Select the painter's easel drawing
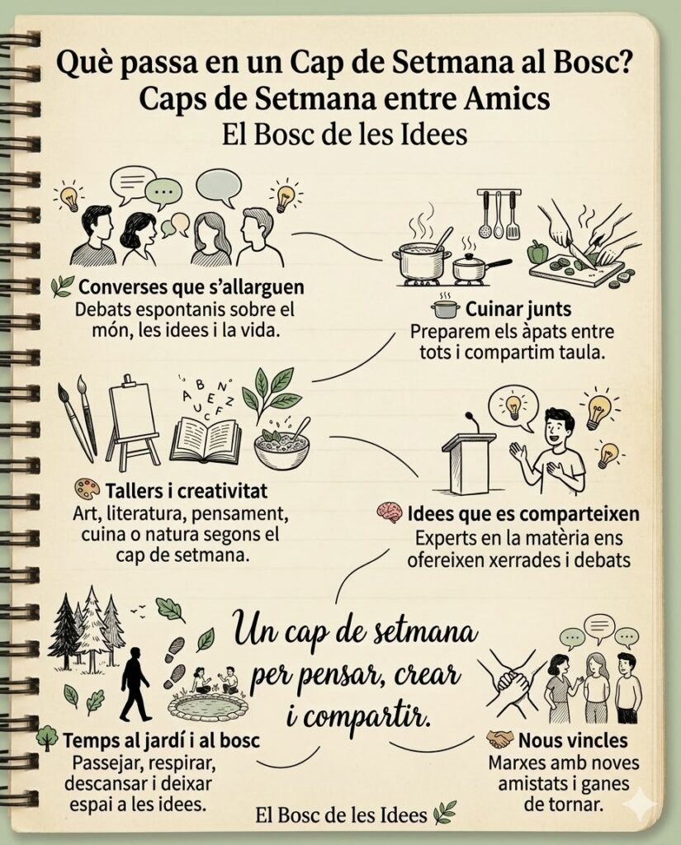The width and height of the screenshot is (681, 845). [133, 422]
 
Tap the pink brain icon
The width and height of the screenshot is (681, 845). [389, 513]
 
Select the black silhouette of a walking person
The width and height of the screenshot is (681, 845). [135, 684]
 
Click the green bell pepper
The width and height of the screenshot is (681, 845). [538, 251]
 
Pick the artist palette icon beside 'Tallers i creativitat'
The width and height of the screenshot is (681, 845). [86, 490]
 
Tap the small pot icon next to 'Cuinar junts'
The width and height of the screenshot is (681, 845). [445, 309]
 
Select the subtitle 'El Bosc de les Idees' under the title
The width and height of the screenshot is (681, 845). [344, 135]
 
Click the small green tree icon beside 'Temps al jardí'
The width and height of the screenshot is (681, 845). [47, 739]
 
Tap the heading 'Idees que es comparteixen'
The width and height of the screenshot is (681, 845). [523, 514]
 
